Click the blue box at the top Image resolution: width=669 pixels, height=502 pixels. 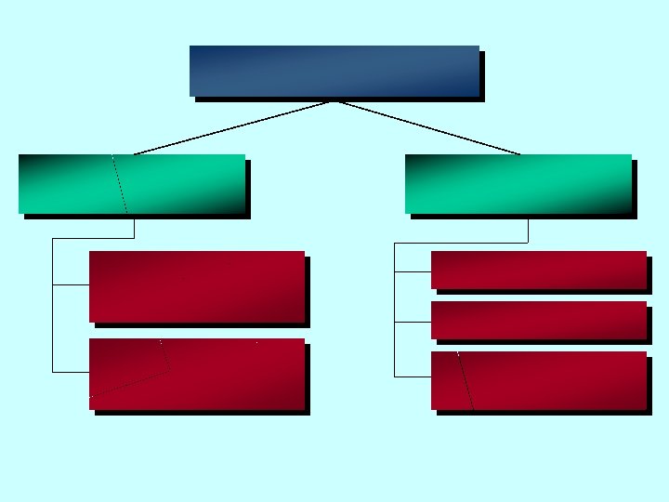[x=334, y=71]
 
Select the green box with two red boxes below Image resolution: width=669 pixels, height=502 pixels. [x=131, y=183]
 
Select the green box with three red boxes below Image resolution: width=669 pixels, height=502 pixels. [x=518, y=183]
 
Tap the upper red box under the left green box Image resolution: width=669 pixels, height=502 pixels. [x=197, y=286]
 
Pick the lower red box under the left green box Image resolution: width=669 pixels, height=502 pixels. [x=197, y=374]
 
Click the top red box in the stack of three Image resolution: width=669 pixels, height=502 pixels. [x=539, y=270]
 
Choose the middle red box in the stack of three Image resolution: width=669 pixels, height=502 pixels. [x=539, y=320]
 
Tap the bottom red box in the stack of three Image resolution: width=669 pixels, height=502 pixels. [x=539, y=380]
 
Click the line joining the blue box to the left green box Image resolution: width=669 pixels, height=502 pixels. [x=232, y=127]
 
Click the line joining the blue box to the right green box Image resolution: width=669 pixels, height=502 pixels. [x=427, y=127]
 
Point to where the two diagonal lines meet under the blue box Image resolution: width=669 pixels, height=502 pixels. [x=334, y=100]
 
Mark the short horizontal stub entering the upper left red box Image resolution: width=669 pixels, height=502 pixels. [x=71, y=284]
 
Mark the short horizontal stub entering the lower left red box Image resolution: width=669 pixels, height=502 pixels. [x=71, y=372]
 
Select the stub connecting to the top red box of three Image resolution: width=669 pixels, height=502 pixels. [x=413, y=271]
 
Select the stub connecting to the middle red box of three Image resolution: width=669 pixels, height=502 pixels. [x=413, y=322]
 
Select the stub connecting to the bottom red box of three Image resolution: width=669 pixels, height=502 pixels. [x=413, y=376]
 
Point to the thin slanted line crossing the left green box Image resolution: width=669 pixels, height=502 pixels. [x=119, y=183]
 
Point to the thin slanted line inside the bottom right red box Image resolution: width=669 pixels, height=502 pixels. [x=466, y=381]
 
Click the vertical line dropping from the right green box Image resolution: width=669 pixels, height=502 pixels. [x=528, y=231]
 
